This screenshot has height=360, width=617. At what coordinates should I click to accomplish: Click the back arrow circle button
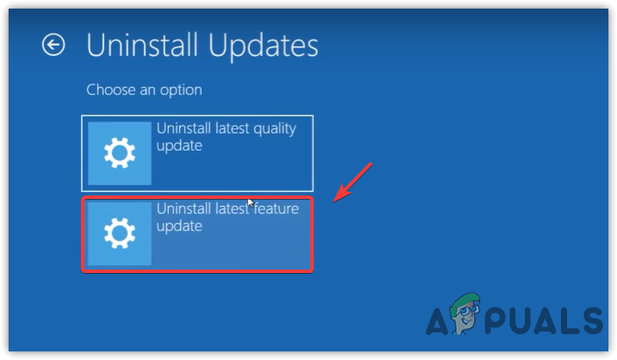click(x=53, y=46)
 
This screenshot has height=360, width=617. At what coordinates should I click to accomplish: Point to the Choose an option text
click(x=144, y=90)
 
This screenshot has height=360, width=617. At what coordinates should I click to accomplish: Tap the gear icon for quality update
click(x=119, y=153)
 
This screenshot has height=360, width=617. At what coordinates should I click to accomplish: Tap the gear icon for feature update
click(x=119, y=233)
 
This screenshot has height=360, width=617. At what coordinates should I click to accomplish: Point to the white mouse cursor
click(x=251, y=202)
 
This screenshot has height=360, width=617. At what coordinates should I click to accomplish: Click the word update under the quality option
click(x=178, y=146)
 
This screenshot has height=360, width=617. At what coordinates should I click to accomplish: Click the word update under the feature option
click(x=178, y=226)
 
